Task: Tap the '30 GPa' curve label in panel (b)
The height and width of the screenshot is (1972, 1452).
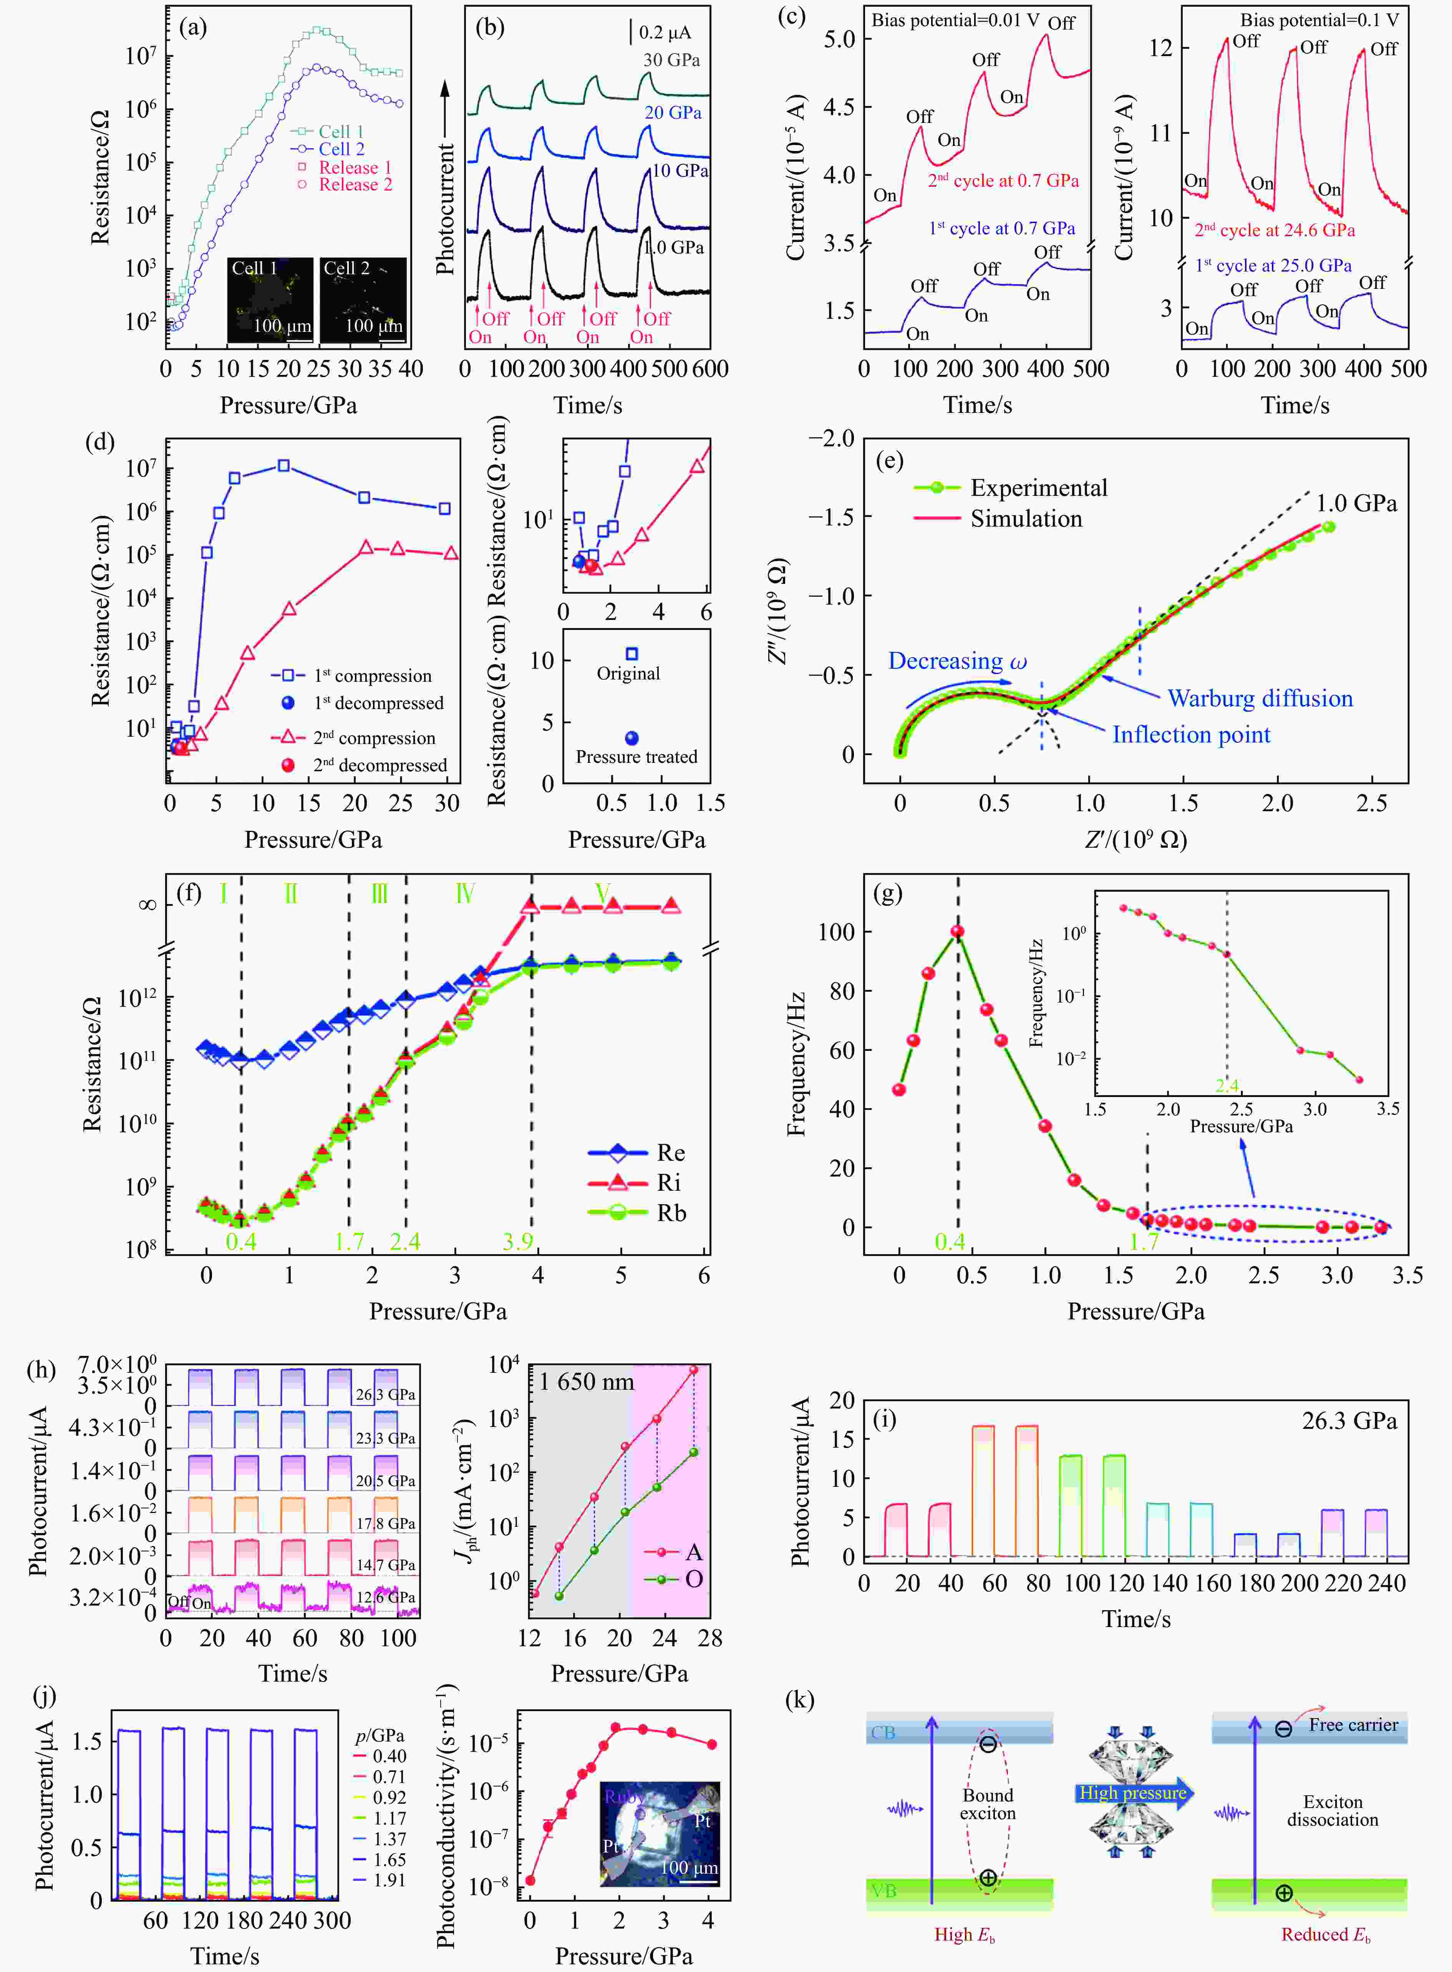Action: click(x=671, y=60)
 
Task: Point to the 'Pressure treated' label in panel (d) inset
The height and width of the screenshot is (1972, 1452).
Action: click(x=636, y=757)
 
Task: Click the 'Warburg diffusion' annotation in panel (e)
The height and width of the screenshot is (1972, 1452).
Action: click(x=1260, y=699)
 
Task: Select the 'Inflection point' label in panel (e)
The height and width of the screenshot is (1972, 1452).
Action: click(x=1191, y=735)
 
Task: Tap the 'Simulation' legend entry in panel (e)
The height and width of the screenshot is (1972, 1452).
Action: click(x=1026, y=519)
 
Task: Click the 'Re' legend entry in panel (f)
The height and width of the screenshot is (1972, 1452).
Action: click(x=671, y=1152)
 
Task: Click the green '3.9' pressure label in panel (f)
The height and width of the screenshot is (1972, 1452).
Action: click(x=518, y=1241)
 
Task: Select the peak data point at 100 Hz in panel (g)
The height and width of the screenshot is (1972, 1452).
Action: click(x=957, y=931)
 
